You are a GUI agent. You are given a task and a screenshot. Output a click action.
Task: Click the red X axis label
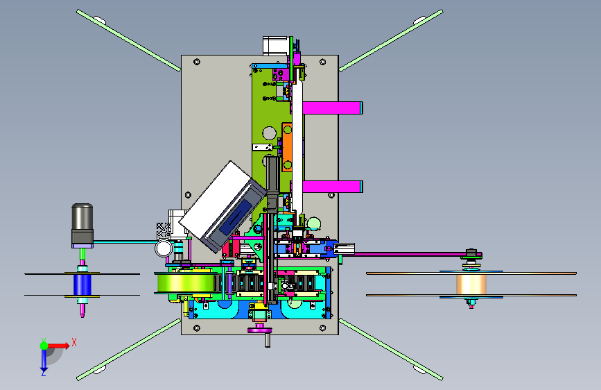tap(74, 342)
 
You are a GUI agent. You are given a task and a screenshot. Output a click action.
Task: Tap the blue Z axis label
tap(44, 373)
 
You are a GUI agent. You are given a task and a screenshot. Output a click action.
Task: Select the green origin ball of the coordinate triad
tap(44, 346)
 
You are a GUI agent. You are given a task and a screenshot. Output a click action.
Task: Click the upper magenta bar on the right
tap(332, 108)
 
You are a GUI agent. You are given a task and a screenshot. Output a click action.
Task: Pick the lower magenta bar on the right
tap(332, 187)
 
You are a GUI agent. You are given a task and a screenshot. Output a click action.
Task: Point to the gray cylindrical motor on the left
tap(82, 226)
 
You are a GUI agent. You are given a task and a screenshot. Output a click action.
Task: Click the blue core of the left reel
tap(82, 285)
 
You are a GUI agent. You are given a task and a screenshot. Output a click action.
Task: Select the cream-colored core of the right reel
tap(471, 285)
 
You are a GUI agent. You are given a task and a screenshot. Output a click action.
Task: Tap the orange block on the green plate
tap(287, 146)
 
